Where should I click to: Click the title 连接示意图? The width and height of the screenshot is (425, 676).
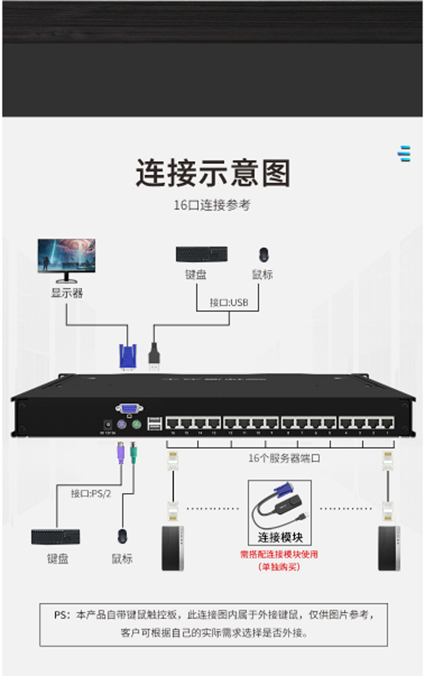[212, 173]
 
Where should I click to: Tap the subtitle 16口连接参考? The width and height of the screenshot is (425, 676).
[212, 206]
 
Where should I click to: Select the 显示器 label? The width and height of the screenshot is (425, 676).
[67, 293]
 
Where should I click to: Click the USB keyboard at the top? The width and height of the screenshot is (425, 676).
[202, 254]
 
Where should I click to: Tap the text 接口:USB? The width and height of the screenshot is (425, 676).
[229, 303]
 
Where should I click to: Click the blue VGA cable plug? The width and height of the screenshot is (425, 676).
[127, 356]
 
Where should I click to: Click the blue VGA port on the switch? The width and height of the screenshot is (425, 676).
[129, 409]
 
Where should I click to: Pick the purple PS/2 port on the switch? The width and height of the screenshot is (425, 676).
[121, 425]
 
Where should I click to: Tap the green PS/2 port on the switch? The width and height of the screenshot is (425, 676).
[135, 425]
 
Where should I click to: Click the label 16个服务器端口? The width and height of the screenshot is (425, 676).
[285, 458]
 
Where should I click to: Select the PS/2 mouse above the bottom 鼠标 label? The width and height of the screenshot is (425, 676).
[123, 536]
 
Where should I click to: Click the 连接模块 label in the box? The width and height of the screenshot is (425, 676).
[280, 537]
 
